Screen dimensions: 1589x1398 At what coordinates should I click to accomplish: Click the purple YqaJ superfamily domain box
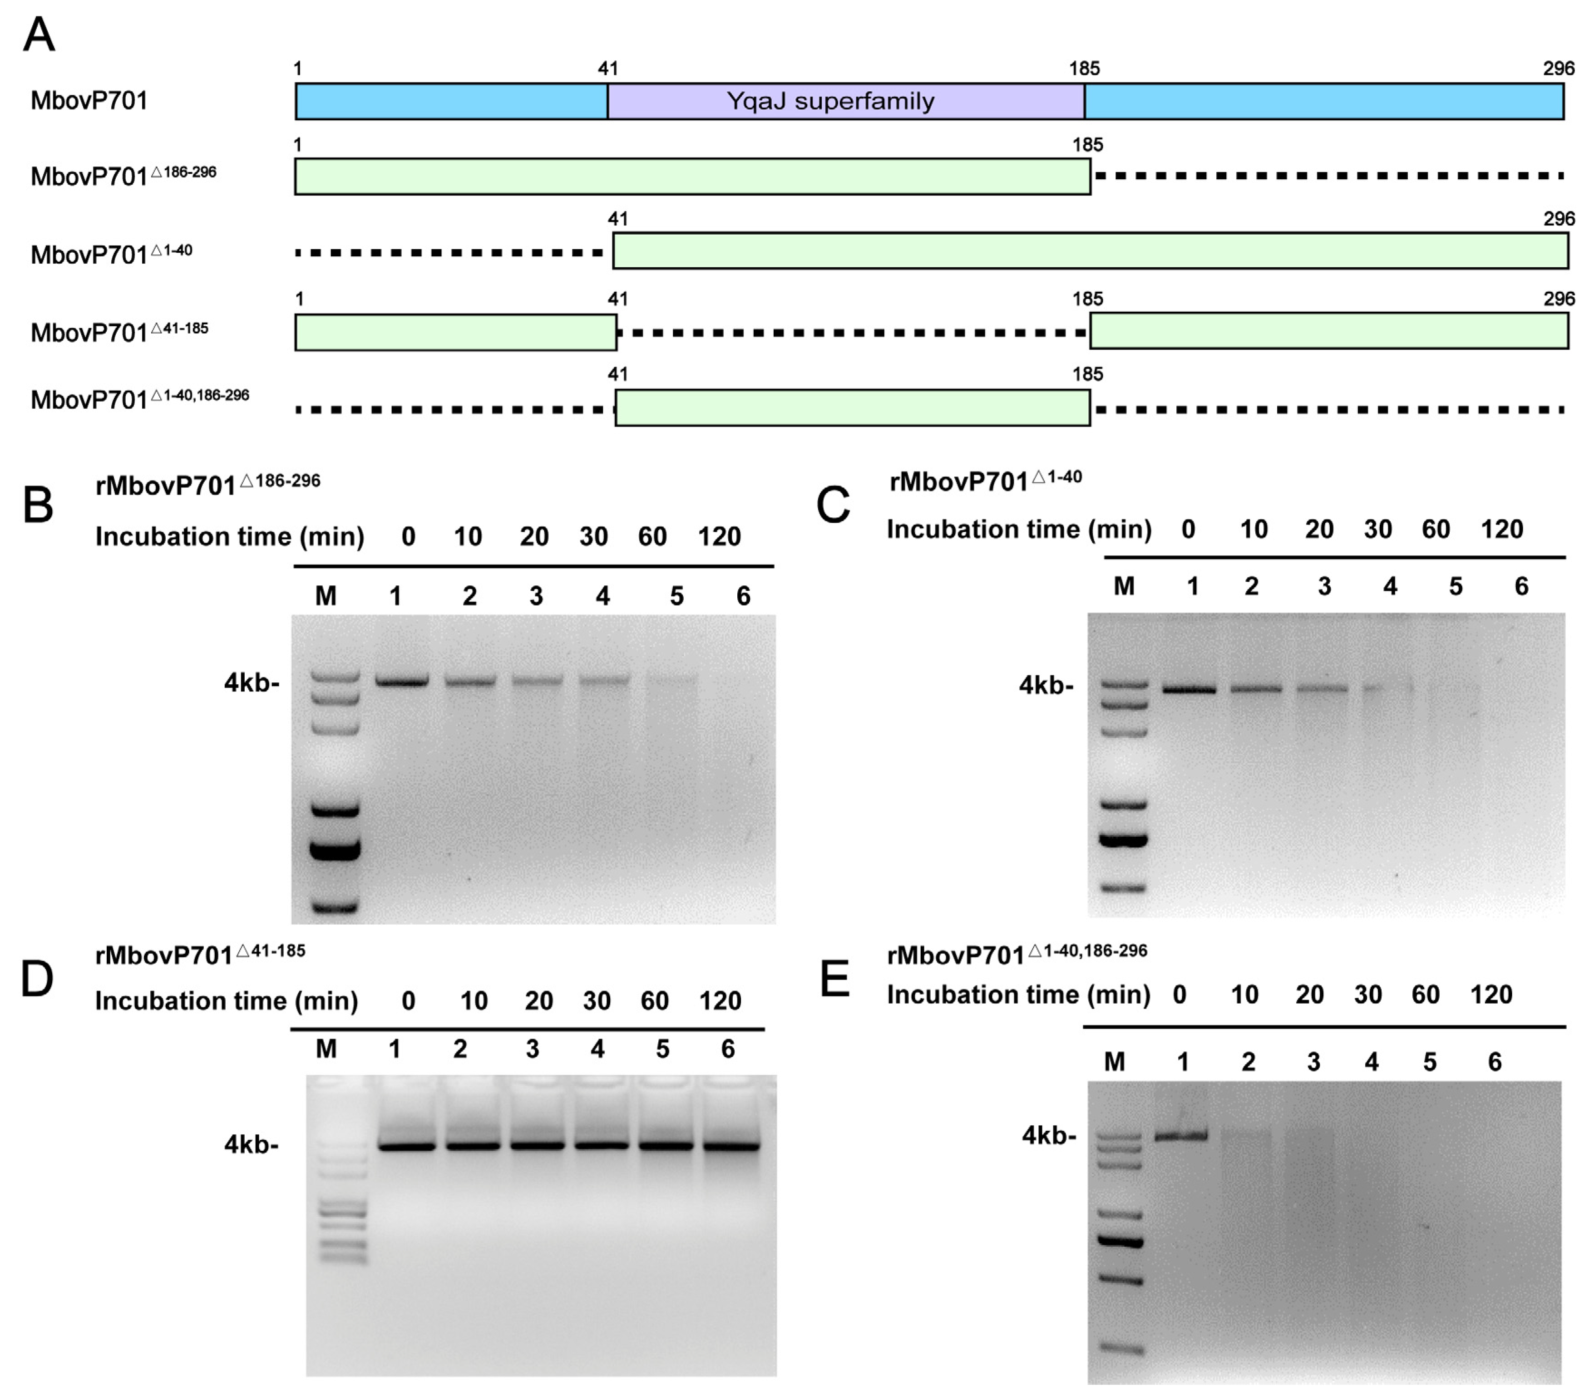click(846, 101)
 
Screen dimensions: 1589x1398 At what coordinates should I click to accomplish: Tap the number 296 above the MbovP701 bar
click(1558, 69)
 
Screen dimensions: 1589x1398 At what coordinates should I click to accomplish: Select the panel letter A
click(39, 35)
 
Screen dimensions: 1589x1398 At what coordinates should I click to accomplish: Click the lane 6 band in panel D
click(731, 1145)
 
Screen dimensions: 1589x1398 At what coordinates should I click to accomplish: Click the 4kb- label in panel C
click(1046, 686)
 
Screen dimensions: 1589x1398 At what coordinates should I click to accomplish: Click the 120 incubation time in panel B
click(719, 536)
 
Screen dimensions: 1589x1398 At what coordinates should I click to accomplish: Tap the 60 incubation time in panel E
click(1426, 995)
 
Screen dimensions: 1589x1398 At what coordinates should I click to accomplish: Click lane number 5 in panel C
click(1455, 587)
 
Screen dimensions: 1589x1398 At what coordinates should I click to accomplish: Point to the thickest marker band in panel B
click(335, 849)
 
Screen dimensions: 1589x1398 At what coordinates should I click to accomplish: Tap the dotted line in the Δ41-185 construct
click(852, 333)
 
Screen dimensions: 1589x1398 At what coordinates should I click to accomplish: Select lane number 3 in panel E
click(1313, 1062)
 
